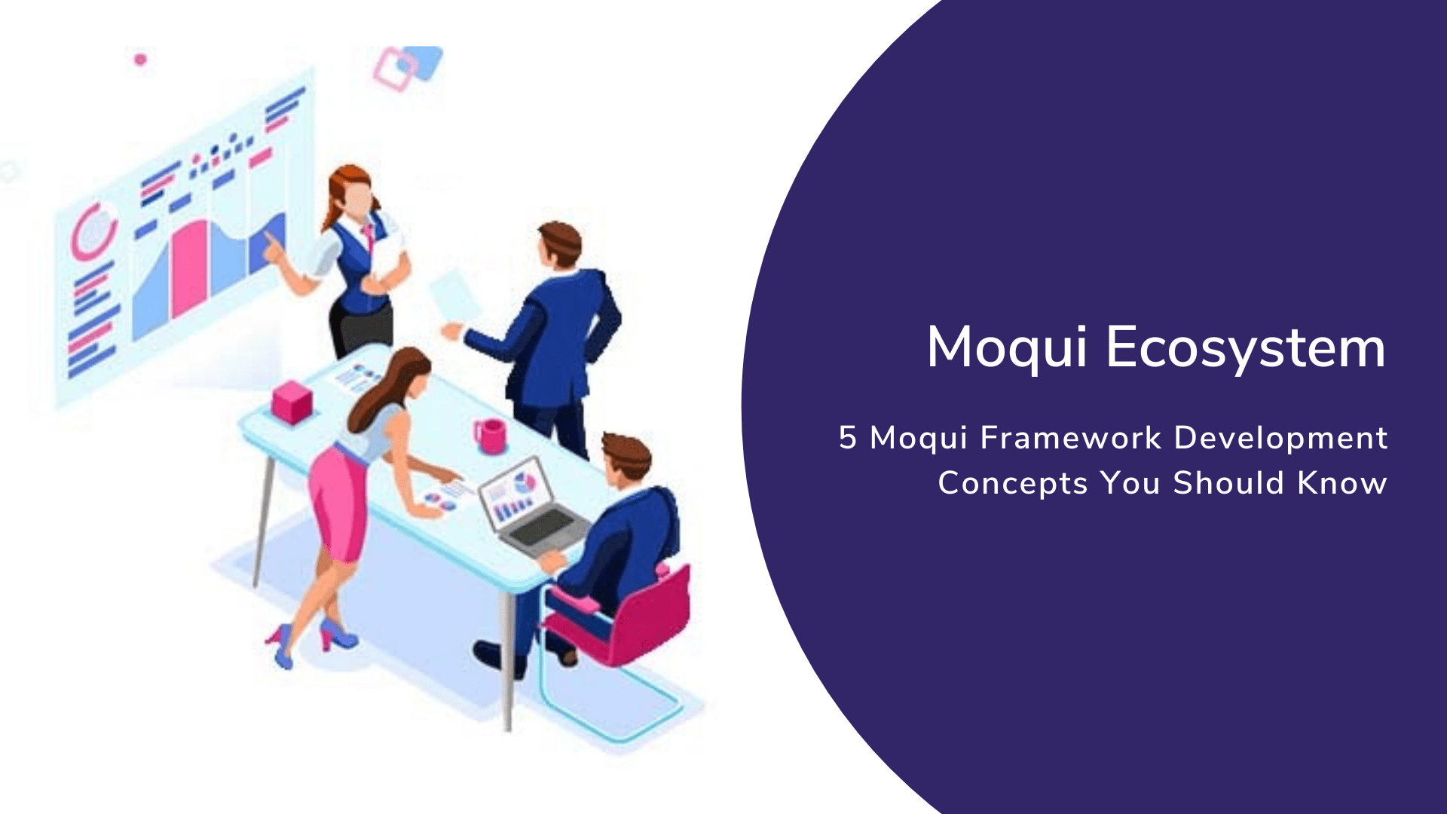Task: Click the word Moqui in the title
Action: [1007, 348]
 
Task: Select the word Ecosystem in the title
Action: [1245, 348]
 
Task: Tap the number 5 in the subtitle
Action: [848, 438]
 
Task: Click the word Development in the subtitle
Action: [1280, 438]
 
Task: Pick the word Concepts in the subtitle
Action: [1012, 483]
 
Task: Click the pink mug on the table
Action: [491, 436]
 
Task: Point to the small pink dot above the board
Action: [140, 59]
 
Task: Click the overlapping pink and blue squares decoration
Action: [407, 66]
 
